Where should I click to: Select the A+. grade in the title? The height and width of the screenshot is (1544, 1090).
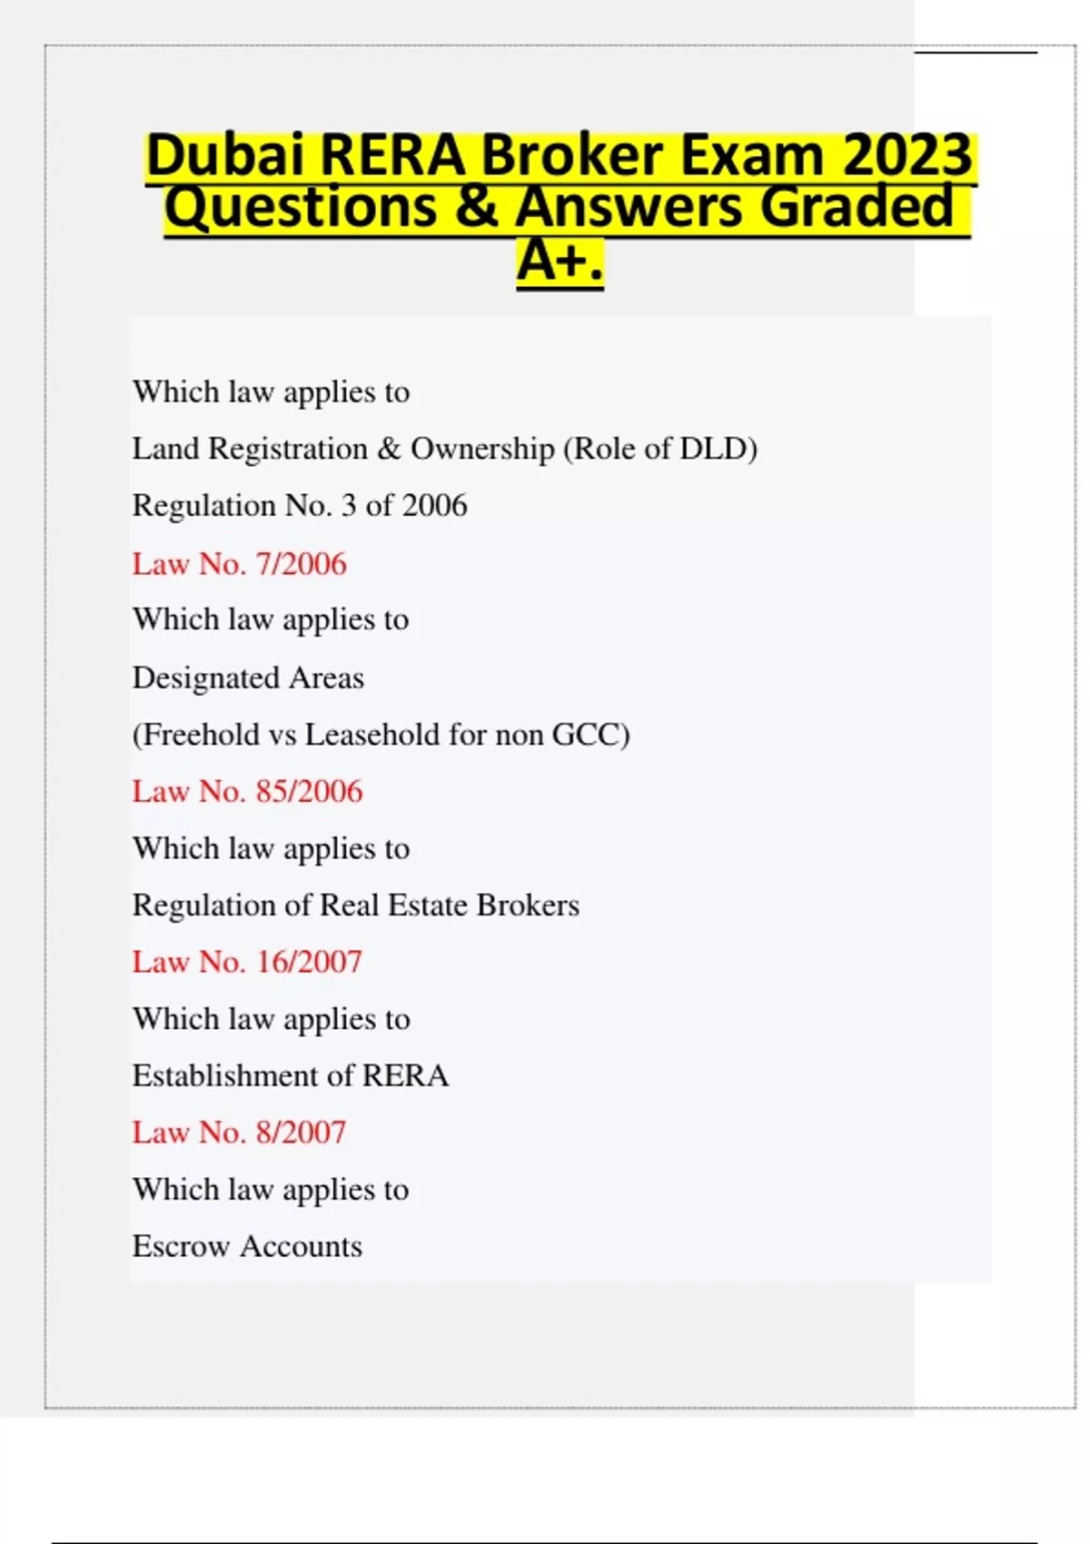coord(560,262)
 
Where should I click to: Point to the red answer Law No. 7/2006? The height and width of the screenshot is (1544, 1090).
coord(239,564)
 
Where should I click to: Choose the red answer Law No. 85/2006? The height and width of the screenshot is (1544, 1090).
coord(247,791)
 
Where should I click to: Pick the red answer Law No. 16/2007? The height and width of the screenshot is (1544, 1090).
coord(247,962)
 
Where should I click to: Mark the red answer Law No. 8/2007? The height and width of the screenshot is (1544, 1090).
coord(239,1133)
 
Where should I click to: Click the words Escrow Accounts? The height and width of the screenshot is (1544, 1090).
coord(247,1246)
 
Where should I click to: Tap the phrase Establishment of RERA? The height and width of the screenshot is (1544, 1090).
coord(290,1075)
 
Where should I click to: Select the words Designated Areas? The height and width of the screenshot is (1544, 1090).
coord(248,678)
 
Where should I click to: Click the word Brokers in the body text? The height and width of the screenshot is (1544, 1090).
coord(528,905)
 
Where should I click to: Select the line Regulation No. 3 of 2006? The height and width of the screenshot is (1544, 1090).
coord(300,506)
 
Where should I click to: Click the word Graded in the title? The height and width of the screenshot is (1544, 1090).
coord(857,208)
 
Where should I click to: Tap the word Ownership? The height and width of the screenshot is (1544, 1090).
coord(482,449)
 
